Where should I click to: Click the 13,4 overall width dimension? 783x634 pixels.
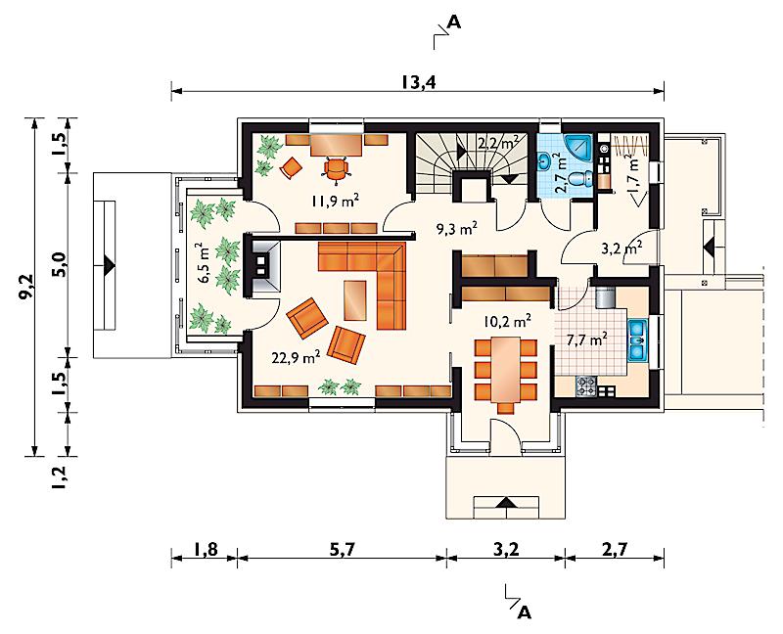tap(419, 82)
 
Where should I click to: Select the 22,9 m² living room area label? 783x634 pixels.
tap(297, 358)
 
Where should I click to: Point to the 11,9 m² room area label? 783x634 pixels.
tap(335, 202)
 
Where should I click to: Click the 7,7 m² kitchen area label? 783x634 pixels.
tap(587, 340)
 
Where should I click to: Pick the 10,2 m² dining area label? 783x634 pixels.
tap(507, 321)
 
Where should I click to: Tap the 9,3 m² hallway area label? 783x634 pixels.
tap(457, 229)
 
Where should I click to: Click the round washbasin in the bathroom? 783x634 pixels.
tap(545, 160)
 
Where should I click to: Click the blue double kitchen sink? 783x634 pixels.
tap(637, 340)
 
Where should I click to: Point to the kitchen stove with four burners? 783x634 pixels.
tap(586, 385)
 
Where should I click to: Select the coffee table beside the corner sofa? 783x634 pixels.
tap(354, 299)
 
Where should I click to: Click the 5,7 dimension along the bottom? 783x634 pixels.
tap(344, 549)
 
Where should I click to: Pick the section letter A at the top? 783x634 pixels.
tap(454, 22)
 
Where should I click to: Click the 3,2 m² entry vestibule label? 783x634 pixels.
tap(622, 249)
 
